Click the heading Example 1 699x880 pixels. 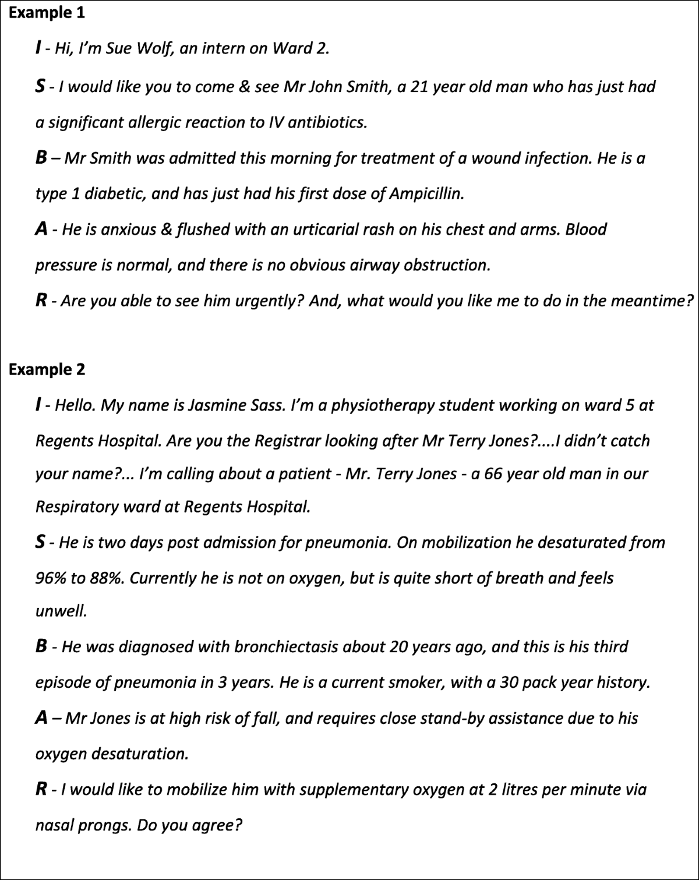point(47,13)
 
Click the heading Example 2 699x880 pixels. point(47,369)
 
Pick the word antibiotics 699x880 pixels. point(327,122)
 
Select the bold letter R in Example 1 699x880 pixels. point(41,301)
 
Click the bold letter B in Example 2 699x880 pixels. point(41,646)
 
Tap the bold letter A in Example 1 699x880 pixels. point(41,229)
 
